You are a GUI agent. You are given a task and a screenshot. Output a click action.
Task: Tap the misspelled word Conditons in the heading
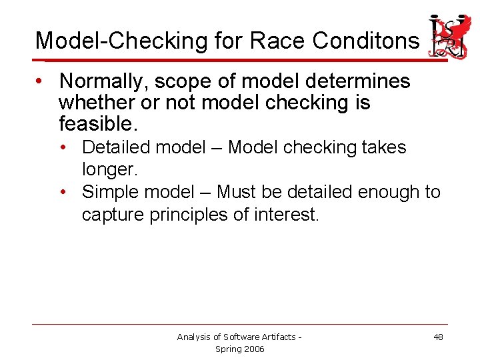click(366, 41)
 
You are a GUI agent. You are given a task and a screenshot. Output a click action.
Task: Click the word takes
click(383, 147)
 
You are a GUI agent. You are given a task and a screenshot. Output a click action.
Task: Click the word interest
click(287, 215)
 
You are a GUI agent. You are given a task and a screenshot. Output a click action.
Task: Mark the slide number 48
click(438, 337)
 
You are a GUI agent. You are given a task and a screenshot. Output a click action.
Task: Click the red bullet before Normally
click(41, 81)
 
